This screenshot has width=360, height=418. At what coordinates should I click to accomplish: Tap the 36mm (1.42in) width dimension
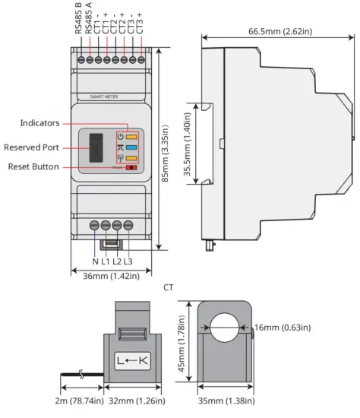click(110, 277)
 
